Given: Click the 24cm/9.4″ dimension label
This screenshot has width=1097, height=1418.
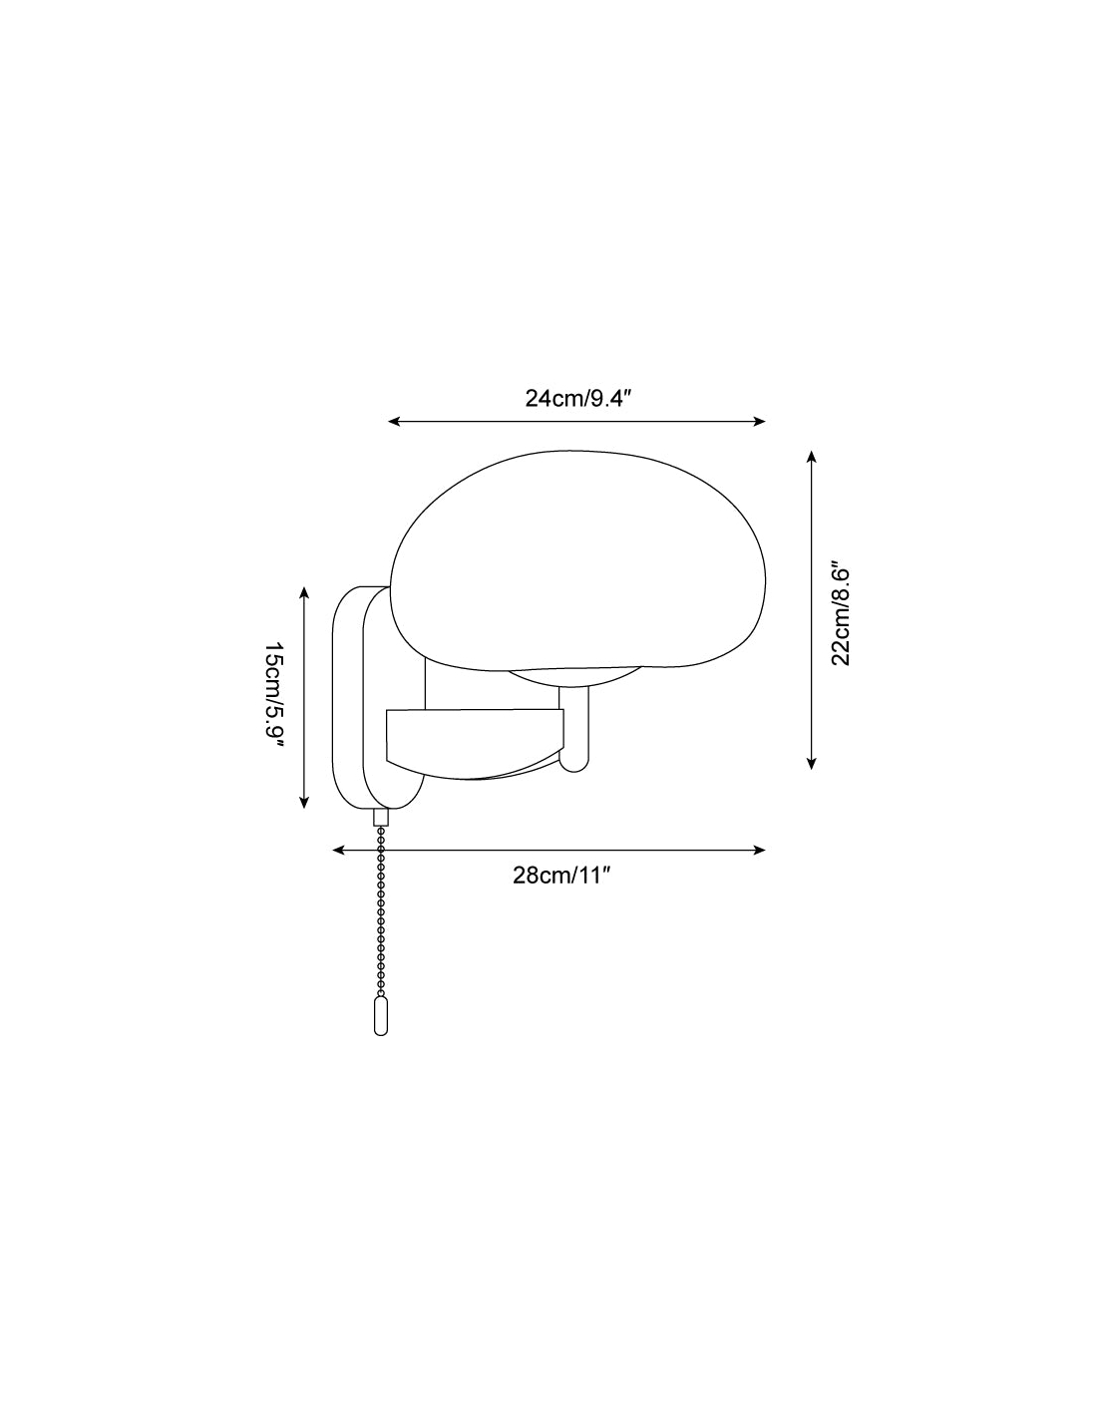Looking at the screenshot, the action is [x=579, y=398].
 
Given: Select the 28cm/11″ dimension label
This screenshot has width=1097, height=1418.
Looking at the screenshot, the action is [x=561, y=876].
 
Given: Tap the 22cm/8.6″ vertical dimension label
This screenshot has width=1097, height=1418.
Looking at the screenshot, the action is [x=841, y=611].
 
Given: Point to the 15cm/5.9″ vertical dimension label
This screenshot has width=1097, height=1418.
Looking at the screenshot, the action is [x=274, y=696].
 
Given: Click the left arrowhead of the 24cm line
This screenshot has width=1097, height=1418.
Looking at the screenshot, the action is [x=394, y=422].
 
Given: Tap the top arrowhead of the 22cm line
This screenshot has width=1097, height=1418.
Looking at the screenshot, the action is [x=811, y=456].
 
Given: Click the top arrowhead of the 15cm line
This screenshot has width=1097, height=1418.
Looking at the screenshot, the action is [x=303, y=592].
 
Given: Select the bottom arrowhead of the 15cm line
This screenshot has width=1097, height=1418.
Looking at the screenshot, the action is [x=303, y=803].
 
